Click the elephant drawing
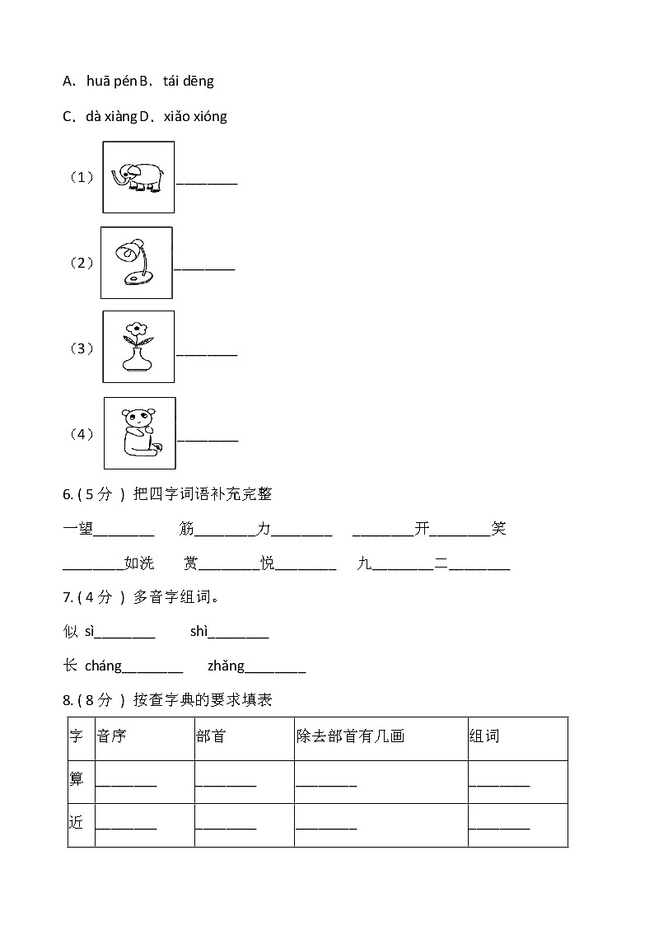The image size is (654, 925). [x=138, y=176]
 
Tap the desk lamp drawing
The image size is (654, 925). [x=136, y=262]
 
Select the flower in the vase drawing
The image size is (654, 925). [x=138, y=347]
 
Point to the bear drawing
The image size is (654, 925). [x=139, y=432]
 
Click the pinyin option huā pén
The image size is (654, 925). [x=111, y=81]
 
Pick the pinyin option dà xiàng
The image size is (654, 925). [x=110, y=116]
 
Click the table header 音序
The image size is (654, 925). [x=111, y=736]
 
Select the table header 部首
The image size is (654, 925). [x=211, y=736]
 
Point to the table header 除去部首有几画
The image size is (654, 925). [x=351, y=736]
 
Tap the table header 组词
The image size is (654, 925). [x=484, y=736]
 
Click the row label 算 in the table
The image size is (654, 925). [x=77, y=779]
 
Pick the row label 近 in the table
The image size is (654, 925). [x=77, y=823]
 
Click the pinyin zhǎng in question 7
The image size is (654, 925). [x=226, y=666]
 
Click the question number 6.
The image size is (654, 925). [x=68, y=494]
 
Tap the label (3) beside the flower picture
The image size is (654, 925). [x=81, y=348]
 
